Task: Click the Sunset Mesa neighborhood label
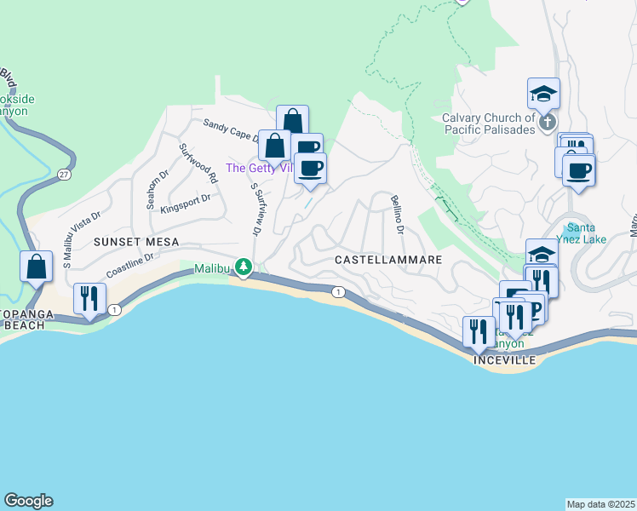(x=136, y=242)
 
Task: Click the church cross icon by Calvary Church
(x=546, y=124)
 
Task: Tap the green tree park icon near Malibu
(x=244, y=267)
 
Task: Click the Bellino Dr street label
(x=396, y=215)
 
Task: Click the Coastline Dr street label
(x=129, y=264)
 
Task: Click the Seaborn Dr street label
(x=152, y=189)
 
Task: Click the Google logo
(x=28, y=501)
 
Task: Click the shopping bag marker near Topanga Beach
(x=37, y=267)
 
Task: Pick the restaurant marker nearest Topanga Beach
(x=89, y=299)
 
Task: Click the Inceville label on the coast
(x=505, y=361)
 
